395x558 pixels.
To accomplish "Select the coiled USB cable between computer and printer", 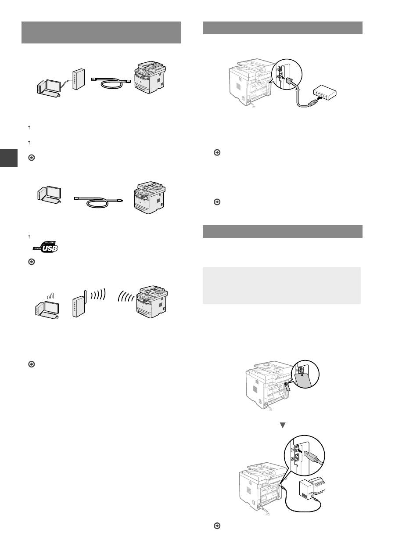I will click(x=99, y=202).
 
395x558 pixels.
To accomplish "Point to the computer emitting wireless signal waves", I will click(x=47, y=306).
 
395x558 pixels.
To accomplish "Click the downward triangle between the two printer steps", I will click(x=283, y=425).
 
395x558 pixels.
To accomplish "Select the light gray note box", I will click(x=281, y=285).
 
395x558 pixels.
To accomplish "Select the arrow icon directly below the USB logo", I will click(x=31, y=261).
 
